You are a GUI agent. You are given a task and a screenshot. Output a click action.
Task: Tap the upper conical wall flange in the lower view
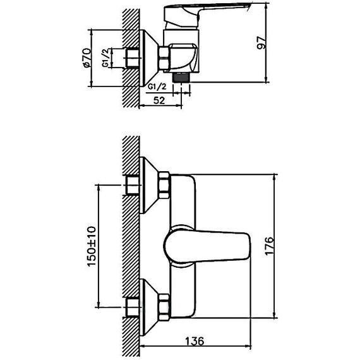(x=147, y=184)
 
